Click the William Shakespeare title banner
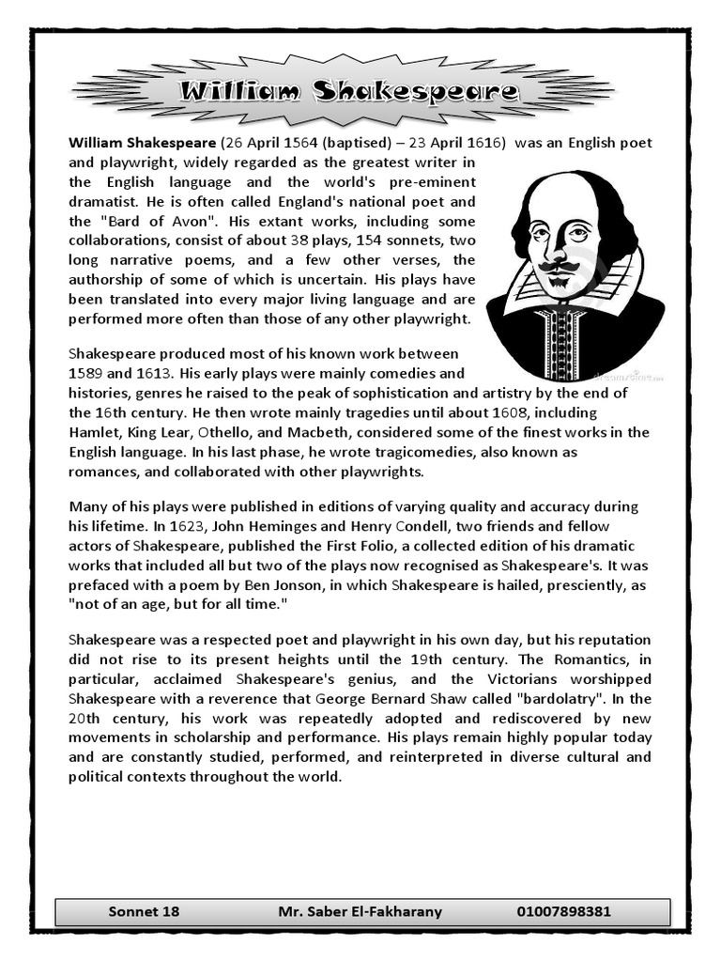click(347, 92)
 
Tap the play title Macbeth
click(315, 432)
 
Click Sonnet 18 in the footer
click(143, 911)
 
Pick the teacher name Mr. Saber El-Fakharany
click(360, 911)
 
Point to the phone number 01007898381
click(563, 911)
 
